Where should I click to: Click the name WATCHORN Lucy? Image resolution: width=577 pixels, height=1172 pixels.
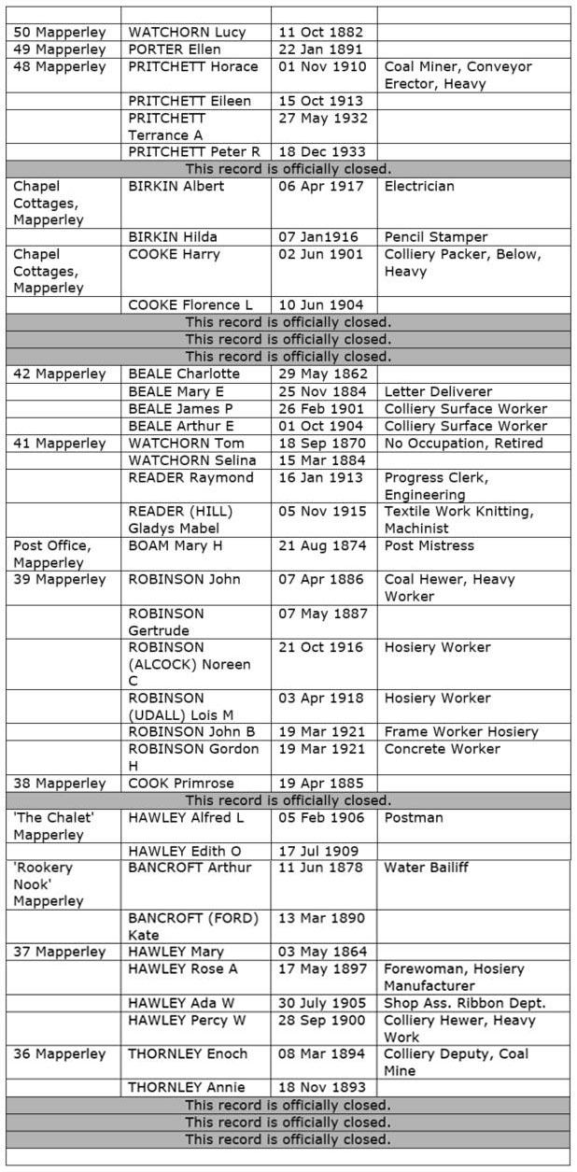click(x=187, y=32)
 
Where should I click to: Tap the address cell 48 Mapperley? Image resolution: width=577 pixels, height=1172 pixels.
click(x=59, y=66)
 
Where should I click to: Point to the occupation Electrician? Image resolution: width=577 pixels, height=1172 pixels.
click(x=419, y=186)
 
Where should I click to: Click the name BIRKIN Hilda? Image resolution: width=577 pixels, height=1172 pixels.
click(x=178, y=237)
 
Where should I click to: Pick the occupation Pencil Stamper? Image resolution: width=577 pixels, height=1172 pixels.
click(x=436, y=237)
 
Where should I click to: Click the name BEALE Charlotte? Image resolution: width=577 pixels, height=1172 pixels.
click(x=184, y=374)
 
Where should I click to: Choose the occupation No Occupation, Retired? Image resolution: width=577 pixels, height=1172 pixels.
click(x=463, y=443)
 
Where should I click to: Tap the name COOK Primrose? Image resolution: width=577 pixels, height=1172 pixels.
click(x=180, y=784)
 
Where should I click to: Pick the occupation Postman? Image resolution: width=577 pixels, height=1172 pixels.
click(x=414, y=818)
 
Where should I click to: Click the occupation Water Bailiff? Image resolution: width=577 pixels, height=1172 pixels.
click(x=427, y=868)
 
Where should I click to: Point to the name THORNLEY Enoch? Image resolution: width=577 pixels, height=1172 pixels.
click(x=188, y=1054)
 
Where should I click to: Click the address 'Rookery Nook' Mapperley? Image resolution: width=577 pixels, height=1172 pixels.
click(x=49, y=884)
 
